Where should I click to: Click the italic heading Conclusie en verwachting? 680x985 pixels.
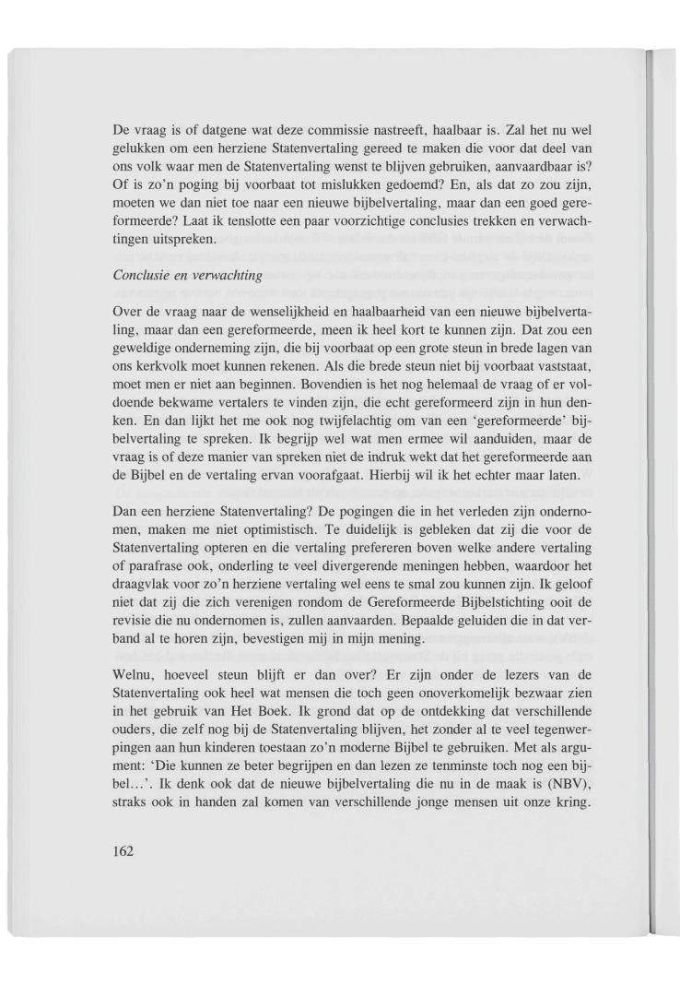(x=174, y=274)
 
